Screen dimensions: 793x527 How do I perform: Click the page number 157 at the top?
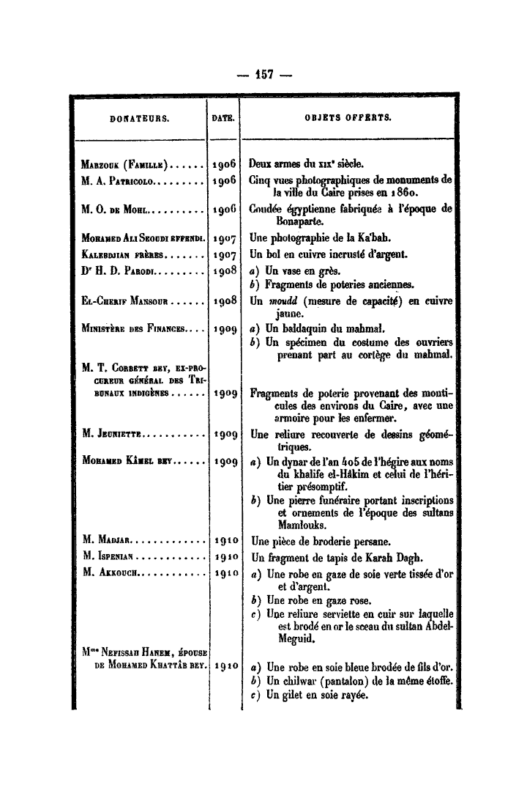263,73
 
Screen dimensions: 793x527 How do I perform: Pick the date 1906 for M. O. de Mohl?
223,211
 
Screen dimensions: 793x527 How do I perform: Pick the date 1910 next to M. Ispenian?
223,557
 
